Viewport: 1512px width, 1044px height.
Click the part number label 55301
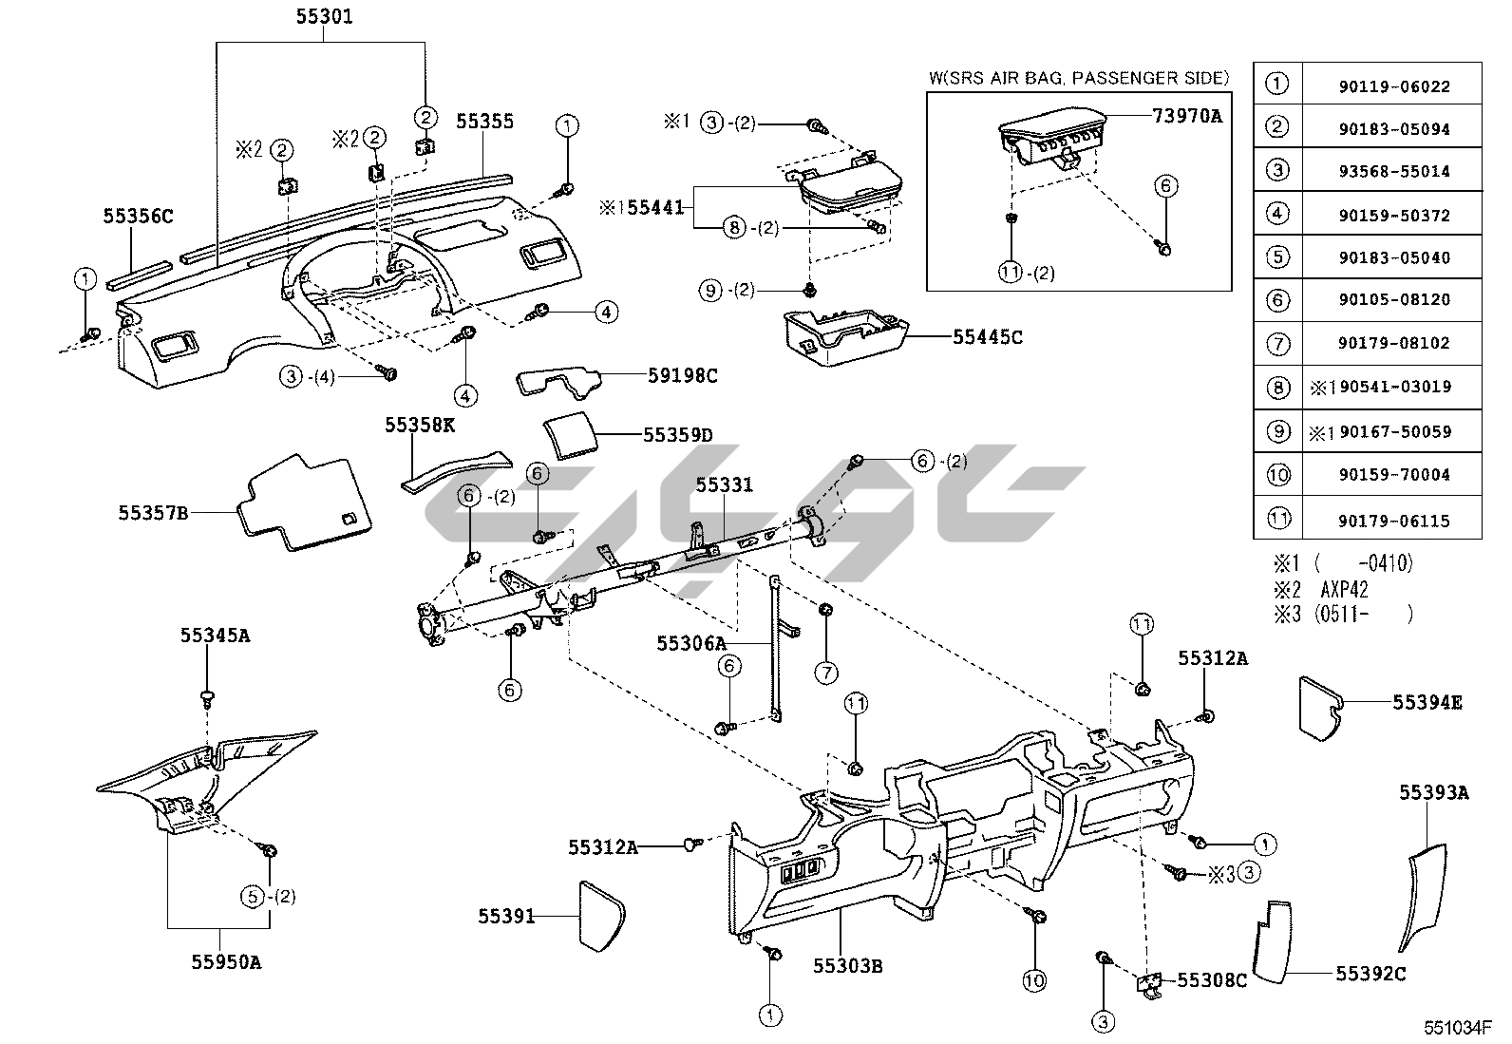tap(325, 16)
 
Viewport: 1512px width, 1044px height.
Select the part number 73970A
tap(1186, 116)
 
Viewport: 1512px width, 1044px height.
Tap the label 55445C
tap(988, 336)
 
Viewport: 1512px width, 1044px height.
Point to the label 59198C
tap(682, 375)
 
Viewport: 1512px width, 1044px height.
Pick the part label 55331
tap(724, 484)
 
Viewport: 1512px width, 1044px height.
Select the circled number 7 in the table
tap(1278, 343)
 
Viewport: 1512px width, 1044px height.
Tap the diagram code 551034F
tap(1458, 1028)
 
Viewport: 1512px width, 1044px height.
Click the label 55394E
tap(1427, 702)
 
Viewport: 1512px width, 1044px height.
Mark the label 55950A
tap(226, 961)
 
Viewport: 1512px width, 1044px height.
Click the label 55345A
tap(216, 636)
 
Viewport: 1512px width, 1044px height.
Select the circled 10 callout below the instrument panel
tap(1034, 980)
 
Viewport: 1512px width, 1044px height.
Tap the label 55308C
tap(1212, 979)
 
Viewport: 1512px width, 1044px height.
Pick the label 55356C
tap(139, 217)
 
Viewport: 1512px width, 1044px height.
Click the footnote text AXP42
tap(1344, 589)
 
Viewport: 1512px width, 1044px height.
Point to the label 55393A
tap(1433, 792)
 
